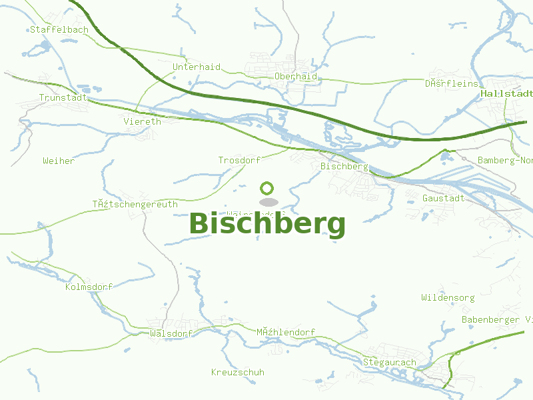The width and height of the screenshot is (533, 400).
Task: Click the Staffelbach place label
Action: (x=50, y=29)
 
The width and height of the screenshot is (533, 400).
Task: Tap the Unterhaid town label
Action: (x=196, y=67)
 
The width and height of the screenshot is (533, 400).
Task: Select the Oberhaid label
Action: (x=295, y=76)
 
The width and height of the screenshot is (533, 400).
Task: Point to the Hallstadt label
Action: (x=506, y=94)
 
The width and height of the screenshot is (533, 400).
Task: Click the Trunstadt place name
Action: (x=63, y=97)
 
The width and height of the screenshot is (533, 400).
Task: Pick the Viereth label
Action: (x=142, y=121)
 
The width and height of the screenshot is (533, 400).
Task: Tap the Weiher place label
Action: (x=59, y=161)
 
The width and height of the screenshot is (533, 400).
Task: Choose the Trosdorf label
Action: (x=239, y=160)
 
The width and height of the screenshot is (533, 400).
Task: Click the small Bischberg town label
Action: (x=344, y=165)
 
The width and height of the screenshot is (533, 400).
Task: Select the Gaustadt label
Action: (x=443, y=198)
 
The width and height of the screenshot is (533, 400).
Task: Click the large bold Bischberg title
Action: (x=267, y=224)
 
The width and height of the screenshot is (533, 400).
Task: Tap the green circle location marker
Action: (x=267, y=188)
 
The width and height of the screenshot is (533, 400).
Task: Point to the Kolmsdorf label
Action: (x=89, y=287)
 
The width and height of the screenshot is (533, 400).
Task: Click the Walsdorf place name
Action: (x=171, y=333)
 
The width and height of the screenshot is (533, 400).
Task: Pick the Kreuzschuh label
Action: (x=237, y=372)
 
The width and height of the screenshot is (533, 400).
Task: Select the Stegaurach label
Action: (x=389, y=362)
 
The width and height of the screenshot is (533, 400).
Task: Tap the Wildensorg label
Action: (x=448, y=297)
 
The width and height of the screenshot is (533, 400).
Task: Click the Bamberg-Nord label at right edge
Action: (x=505, y=160)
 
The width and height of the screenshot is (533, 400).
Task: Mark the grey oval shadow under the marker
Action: (x=267, y=201)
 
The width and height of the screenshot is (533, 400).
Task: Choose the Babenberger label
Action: (x=496, y=319)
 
